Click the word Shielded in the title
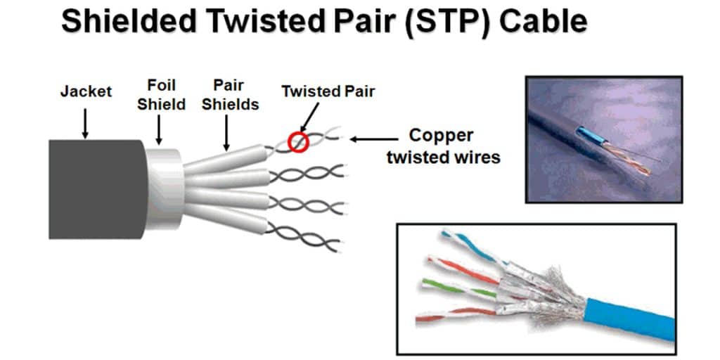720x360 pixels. click(129, 21)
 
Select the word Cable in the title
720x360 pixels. click(544, 21)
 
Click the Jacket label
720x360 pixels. click(86, 91)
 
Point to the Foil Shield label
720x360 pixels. click(161, 95)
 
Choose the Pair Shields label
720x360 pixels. click(230, 95)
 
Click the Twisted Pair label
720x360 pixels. click(328, 91)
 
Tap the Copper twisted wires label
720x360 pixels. click(443, 146)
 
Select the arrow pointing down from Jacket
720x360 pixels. click(85, 123)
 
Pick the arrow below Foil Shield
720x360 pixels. click(159, 129)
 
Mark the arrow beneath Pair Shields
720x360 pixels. click(226, 133)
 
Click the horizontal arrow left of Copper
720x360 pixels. click(374, 139)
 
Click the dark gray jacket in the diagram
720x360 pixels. click(97, 189)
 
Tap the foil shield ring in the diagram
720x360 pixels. click(165, 189)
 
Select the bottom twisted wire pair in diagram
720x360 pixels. click(303, 237)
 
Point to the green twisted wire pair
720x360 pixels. click(459, 288)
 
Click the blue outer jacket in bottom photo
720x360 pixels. click(630, 319)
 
